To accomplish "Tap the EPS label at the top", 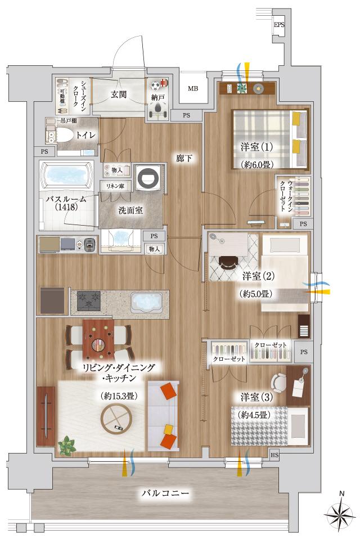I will pos(280,25).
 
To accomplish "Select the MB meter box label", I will pos(193,89).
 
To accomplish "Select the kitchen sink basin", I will pos(146,302).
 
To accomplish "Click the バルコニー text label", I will pos(164,494).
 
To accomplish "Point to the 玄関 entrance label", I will pos(118,93).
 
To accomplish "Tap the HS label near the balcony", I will pos(274,455).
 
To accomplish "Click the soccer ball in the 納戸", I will pos(156,86).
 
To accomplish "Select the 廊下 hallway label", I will pos(184,159).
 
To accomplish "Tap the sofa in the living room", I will pos(164,415).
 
